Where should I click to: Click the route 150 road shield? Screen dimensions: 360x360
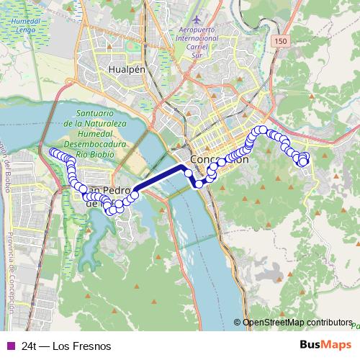(279, 43)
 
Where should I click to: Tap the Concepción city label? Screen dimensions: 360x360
(220, 159)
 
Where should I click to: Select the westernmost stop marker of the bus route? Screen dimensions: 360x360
(52, 152)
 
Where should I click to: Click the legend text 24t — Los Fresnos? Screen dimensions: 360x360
(66, 346)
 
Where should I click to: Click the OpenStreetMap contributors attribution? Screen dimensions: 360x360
(297, 322)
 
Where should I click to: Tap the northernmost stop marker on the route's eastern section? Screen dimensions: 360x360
(263, 130)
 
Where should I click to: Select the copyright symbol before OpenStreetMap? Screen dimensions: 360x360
(238, 322)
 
